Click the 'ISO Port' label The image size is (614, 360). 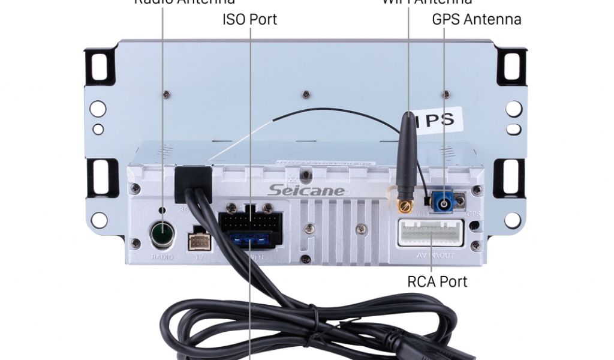pos(249,19)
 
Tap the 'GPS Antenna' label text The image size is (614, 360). pos(477,19)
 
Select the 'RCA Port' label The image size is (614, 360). pos(437,281)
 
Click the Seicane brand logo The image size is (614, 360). pos(306,190)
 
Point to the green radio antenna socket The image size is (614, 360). pos(161,233)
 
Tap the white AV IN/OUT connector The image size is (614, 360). pos(431,233)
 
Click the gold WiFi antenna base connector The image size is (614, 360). pos(403,207)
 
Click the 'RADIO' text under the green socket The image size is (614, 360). pos(161,257)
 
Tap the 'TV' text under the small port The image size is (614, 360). pos(199,257)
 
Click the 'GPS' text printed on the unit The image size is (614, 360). pos(474,214)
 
